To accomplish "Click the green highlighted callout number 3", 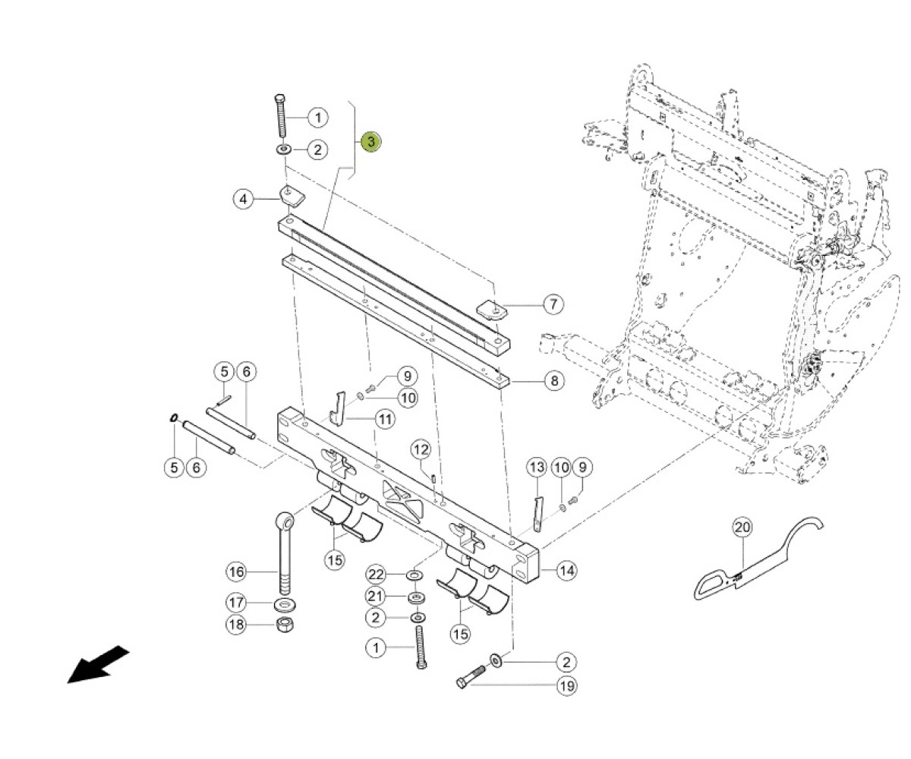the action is [371, 141].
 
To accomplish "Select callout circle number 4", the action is [243, 200].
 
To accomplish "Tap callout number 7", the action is [553, 304].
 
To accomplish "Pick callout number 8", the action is [554, 381].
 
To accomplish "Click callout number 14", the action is [566, 570].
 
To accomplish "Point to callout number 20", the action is [742, 528].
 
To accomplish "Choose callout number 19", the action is [567, 686].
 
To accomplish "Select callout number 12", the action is [421, 449].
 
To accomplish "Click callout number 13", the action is [537, 468].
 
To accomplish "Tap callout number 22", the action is [376, 575].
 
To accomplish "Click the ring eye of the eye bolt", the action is [285, 521].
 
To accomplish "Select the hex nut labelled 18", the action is [285, 625].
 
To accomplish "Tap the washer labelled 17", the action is [285, 606].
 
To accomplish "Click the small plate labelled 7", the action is [492, 310].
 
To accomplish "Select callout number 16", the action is [236, 572].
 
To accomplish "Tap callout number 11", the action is [385, 419].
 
